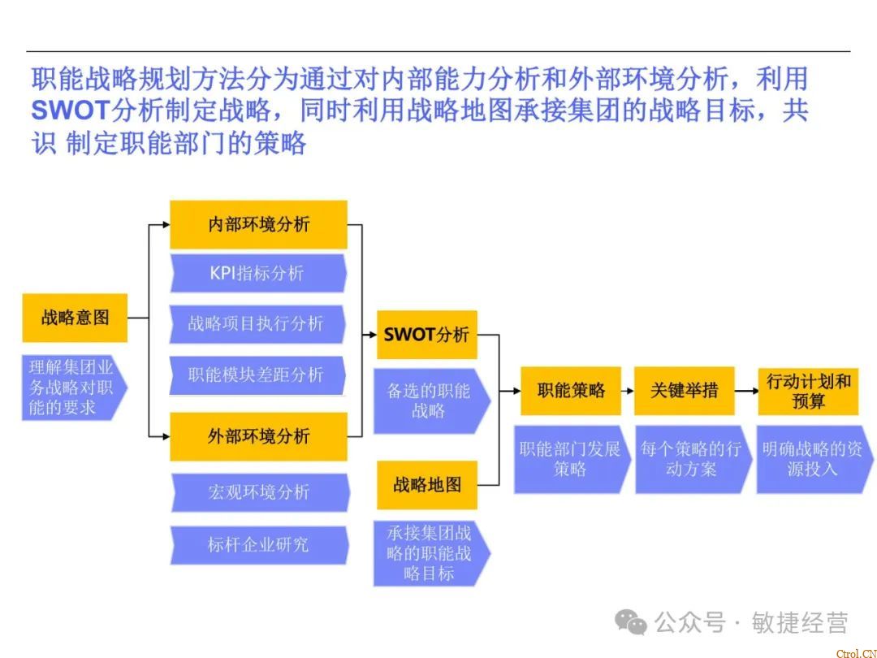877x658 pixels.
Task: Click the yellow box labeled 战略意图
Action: click(75, 318)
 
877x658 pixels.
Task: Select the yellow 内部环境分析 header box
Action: click(258, 224)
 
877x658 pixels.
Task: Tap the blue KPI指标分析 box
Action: click(257, 274)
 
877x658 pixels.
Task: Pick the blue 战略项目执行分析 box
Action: click(257, 323)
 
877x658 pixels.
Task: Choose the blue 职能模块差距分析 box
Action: click(257, 374)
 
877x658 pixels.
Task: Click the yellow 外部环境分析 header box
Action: click(258, 436)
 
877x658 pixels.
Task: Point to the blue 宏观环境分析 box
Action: click(259, 492)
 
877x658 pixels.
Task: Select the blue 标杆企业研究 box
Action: click(258, 544)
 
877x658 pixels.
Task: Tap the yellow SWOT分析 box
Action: click(426, 335)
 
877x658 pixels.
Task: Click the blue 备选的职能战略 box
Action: click(430, 400)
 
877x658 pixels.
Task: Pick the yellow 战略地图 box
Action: click(426, 485)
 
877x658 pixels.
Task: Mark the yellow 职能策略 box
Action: click(571, 391)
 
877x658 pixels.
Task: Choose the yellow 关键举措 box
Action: click(684, 391)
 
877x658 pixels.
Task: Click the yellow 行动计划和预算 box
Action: click(808, 391)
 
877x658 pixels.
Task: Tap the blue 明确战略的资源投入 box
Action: click(810, 459)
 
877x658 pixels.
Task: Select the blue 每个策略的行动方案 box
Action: click(691, 459)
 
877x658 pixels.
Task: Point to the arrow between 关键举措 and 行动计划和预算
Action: click(745, 391)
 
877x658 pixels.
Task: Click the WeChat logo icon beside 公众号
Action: click(631, 622)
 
